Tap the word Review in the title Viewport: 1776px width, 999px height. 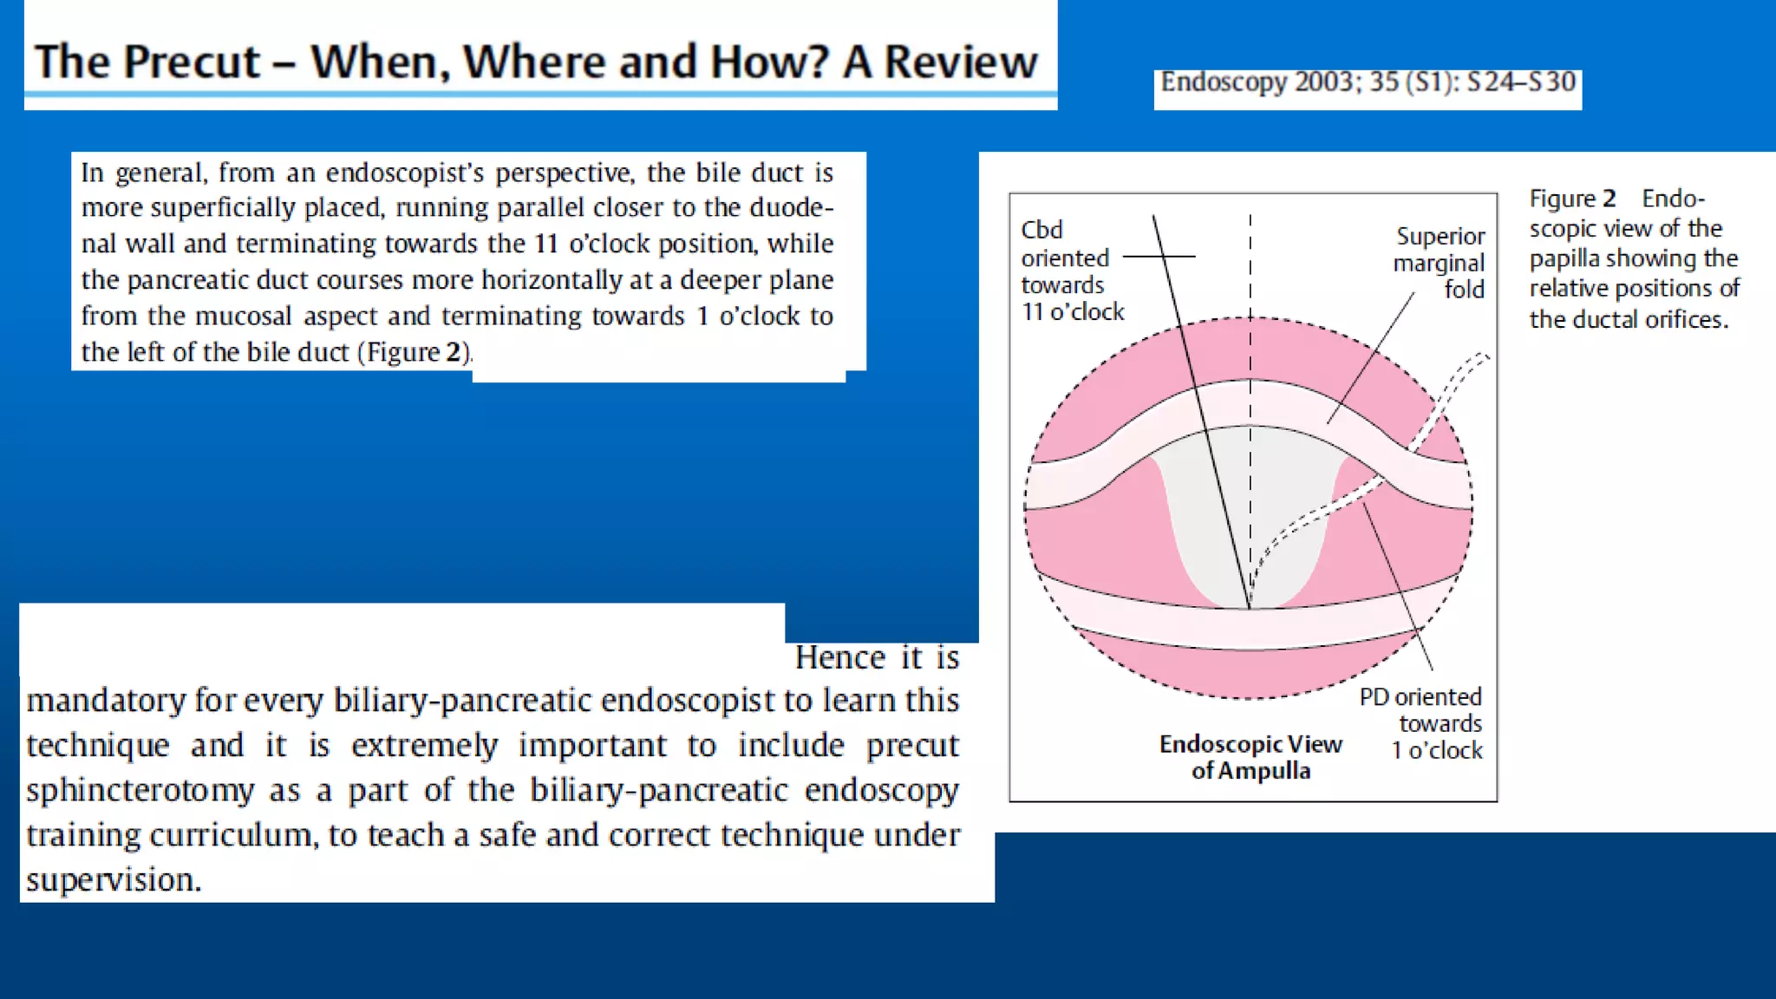(x=961, y=62)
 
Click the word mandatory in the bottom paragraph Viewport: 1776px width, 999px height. (x=105, y=701)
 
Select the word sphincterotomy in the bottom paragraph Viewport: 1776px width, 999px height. (x=140, y=791)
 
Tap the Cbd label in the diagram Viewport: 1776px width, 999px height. (x=1041, y=230)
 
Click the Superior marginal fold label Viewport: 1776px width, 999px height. (x=1440, y=262)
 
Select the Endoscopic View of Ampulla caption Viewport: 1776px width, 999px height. (x=1250, y=757)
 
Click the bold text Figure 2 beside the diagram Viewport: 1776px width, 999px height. (x=1572, y=199)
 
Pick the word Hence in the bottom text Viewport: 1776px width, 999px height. (x=840, y=657)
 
